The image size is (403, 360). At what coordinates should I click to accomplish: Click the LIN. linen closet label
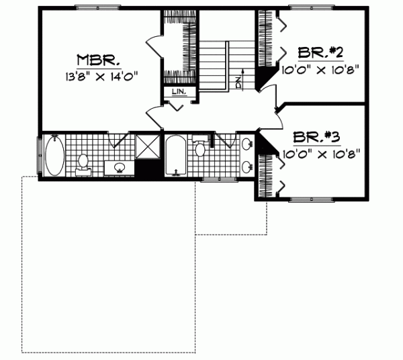click(179, 93)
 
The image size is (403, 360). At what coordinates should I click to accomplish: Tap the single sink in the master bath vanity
click(120, 167)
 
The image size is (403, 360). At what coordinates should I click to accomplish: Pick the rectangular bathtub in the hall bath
click(176, 156)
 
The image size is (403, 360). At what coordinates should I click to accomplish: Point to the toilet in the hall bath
click(199, 148)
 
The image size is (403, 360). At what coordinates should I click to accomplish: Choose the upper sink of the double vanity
click(247, 143)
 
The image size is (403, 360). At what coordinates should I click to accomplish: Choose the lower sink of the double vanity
click(247, 165)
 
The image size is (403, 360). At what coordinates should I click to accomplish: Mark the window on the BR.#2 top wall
click(310, 7)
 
